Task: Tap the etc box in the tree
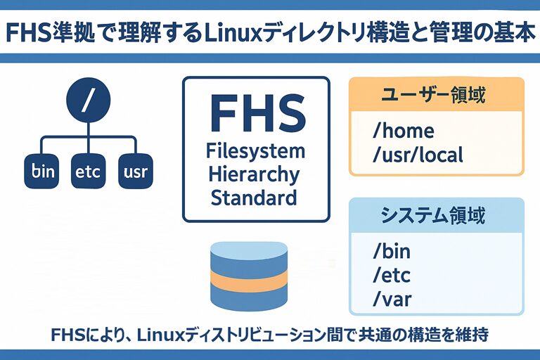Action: click(x=89, y=170)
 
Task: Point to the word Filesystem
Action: click(x=256, y=150)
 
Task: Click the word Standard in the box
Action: click(x=255, y=197)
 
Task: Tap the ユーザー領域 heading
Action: click(x=436, y=94)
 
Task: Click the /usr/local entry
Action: click(x=418, y=155)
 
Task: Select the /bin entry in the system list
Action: click(x=391, y=251)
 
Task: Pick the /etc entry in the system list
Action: click(x=391, y=275)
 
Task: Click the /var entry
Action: click(x=392, y=300)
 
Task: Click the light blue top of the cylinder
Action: click(x=250, y=250)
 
